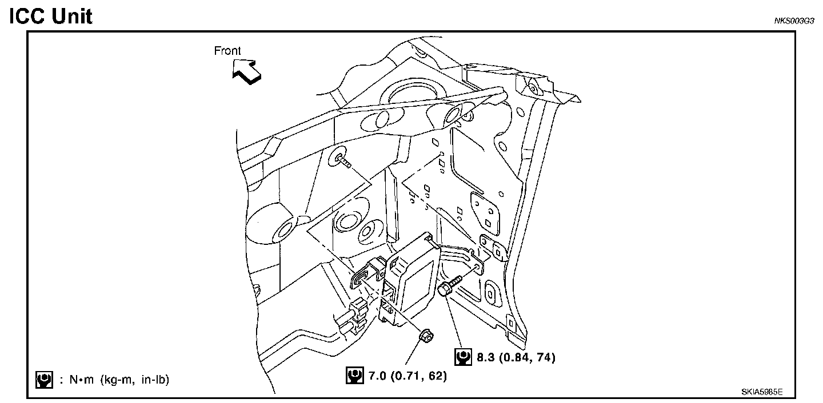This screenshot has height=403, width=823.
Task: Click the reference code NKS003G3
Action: pyautogui.click(x=794, y=21)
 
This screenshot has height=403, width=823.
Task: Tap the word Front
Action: pyautogui.click(x=227, y=51)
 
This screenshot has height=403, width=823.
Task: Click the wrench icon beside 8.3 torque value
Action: pyautogui.click(x=462, y=357)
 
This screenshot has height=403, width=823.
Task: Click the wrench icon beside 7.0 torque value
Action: pyautogui.click(x=354, y=376)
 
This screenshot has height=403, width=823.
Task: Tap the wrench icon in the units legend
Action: pyautogui.click(x=43, y=380)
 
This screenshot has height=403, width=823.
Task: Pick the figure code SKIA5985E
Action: pyautogui.click(x=762, y=392)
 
